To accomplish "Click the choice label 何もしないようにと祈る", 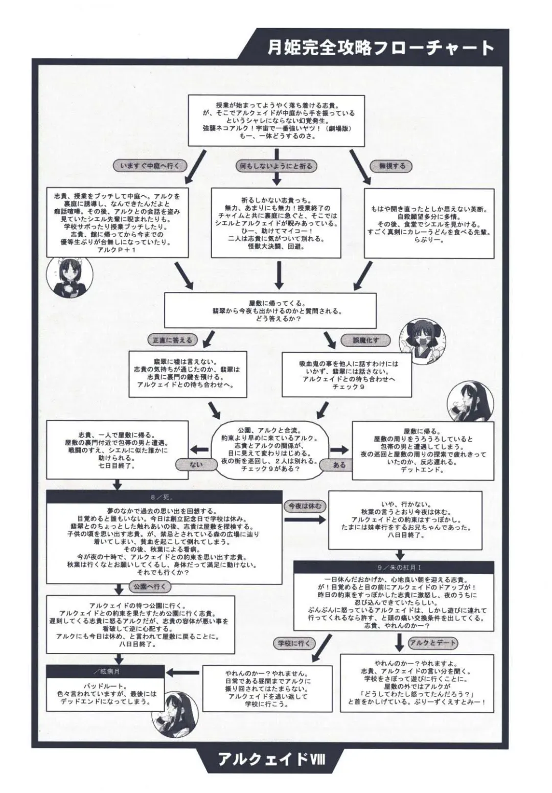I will tap(276, 166).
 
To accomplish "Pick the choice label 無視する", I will tap(392, 166).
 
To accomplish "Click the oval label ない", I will tap(196, 464).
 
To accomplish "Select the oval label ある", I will tap(339, 465).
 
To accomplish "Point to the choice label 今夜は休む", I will tap(305, 506).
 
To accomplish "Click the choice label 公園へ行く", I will tap(150, 586).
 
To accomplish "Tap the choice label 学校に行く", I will tap(294, 643).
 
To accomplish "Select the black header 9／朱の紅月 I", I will tap(393, 567).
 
